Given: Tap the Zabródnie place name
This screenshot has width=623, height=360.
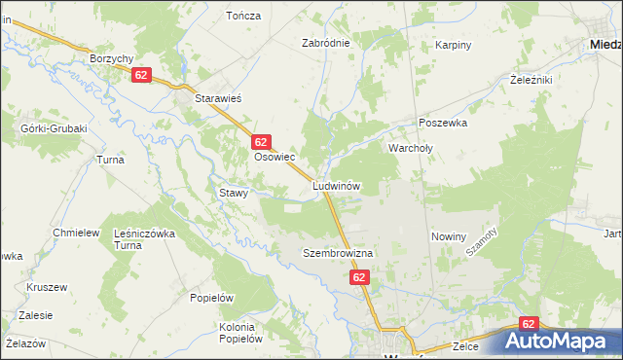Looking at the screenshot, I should (x=325, y=44).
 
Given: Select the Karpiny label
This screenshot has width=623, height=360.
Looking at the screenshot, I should (x=454, y=45).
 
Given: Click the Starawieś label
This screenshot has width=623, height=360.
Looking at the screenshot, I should (x=219, y=99).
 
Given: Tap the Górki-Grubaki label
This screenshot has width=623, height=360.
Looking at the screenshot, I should (x=54, y=128).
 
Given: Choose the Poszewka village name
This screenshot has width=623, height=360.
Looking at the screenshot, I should (x=444, y=124).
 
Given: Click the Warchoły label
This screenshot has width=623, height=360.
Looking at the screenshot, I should (x=415, y=149).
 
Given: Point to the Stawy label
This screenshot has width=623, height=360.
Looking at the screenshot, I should (x=234, y=193).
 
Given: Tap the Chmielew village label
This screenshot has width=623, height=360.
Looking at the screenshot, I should (x=77, y=233).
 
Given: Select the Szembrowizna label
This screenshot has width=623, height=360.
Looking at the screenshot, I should (x=338, y=252).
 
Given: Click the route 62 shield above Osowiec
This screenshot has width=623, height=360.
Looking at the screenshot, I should (x=260, y=142).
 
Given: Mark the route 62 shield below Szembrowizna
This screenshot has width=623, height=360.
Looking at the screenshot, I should (x=359, y=278).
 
